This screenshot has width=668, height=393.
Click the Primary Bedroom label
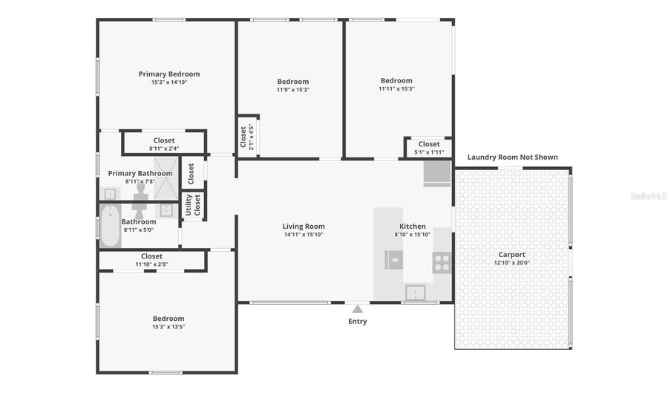coord(168,74)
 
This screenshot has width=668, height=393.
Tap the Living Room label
coord(303,226)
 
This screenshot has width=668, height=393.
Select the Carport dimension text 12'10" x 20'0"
coord(511,262)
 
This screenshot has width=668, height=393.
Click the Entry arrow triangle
coord(357,308)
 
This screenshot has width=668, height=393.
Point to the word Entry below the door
coord(357,322)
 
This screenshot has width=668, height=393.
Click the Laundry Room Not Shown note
coord(512,157)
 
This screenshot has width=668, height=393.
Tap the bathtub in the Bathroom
coord(109,224)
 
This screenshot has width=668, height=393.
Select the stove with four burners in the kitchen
coord(442,262)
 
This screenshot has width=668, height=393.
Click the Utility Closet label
coord(193,204)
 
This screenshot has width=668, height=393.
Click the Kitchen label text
coord(413,226)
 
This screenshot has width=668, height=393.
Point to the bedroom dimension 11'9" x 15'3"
coord(292,90)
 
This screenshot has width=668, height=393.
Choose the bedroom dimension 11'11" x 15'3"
coord(396,89)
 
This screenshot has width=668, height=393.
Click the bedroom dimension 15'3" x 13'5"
coord(168,327)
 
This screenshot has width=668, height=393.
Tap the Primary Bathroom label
coord(140,173)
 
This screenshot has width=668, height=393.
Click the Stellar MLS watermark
coord(647,196)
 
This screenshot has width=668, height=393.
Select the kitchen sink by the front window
coord(415,291)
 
